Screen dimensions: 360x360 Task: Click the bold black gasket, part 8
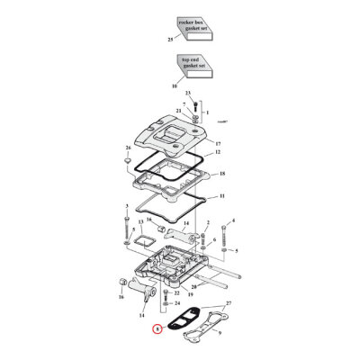point(180,317)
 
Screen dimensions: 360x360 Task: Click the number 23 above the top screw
point(188,94)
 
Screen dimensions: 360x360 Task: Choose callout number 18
point(222,172)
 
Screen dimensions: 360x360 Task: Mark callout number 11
point(222,195)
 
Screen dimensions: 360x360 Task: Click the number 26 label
point(128,148)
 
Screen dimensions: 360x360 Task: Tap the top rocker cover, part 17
point(175,135)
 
